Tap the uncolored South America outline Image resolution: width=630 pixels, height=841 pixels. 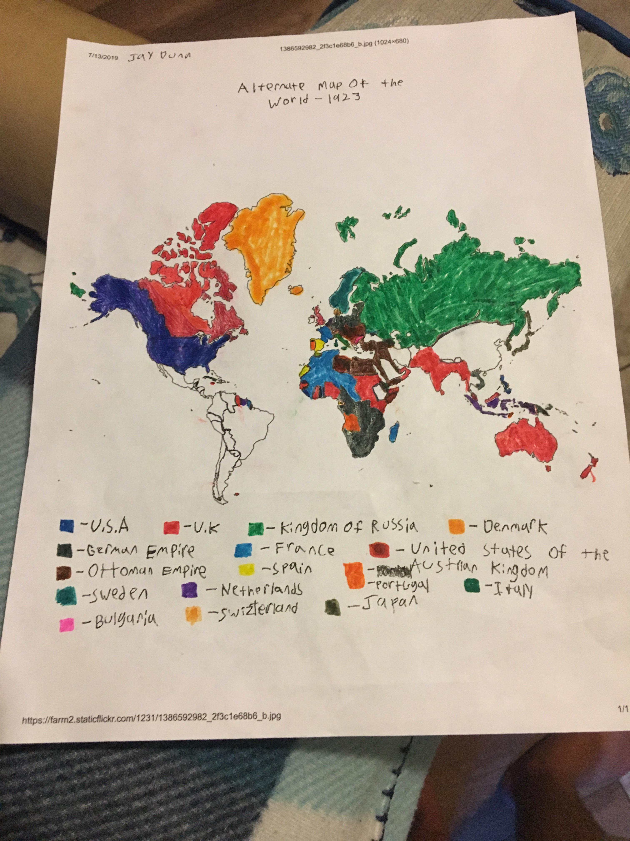(x=235, y=426)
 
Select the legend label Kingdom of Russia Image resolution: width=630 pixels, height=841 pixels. (x=349, y=527)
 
